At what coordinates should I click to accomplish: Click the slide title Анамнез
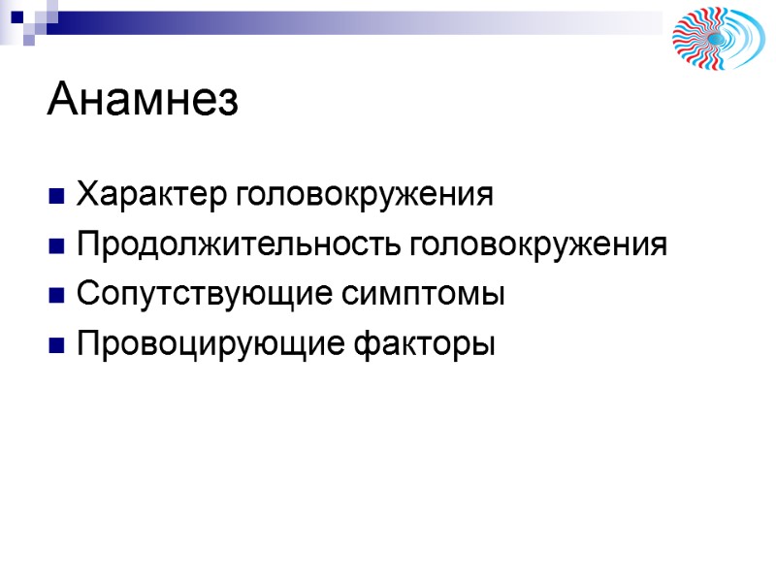click(x=142, y=100)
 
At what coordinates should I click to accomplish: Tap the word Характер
click(x=153, y=195)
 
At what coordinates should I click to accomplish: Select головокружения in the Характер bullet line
click(x=365, y=195)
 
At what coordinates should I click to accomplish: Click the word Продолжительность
click(x=240, y=244)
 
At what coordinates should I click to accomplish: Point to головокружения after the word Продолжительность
click(x=538, y=244)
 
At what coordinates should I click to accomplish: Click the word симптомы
click(x=428, y=294)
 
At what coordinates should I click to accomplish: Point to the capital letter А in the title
click(x=61, y=100)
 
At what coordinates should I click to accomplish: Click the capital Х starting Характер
click(x=85, y=195)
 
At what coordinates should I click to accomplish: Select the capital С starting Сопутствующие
click(x=85, y=294)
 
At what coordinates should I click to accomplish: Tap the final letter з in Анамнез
click(x=228, y=104)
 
